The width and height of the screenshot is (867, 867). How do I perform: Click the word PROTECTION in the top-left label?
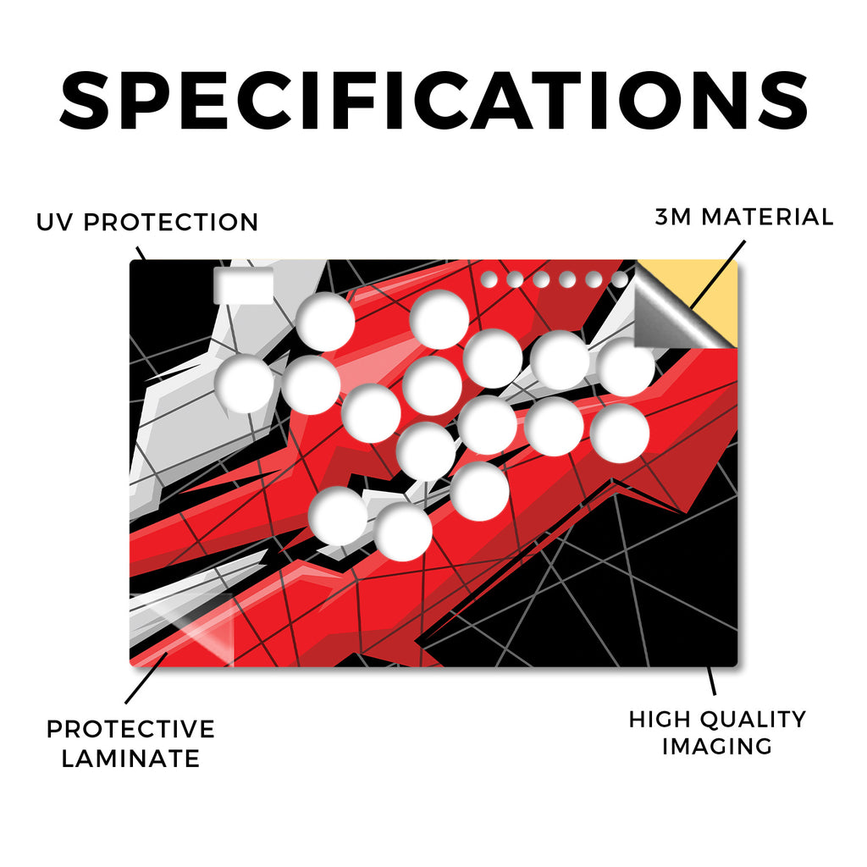(x=171, y=223)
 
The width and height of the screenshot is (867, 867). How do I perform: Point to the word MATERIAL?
(x=767, y=217)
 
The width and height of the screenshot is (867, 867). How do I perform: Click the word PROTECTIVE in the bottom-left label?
(x=130, y=729)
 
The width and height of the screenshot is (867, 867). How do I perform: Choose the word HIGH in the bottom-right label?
(x=659, y=720)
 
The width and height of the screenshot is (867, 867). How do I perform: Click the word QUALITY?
(x=752, y=720)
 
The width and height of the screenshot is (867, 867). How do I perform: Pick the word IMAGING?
(x=717, y=747)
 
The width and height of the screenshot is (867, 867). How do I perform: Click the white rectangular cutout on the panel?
(x=244, y=285)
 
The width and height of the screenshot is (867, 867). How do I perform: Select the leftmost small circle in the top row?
(x=489, y=279)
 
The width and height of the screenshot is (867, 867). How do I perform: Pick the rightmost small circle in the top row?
(x=620, y=279)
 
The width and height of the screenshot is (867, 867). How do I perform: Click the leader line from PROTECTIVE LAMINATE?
(x=146, y=678)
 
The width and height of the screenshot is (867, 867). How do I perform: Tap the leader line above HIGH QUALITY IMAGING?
(x=711, y=681)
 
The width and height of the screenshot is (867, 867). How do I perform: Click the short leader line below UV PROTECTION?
(x=141, y=254)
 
